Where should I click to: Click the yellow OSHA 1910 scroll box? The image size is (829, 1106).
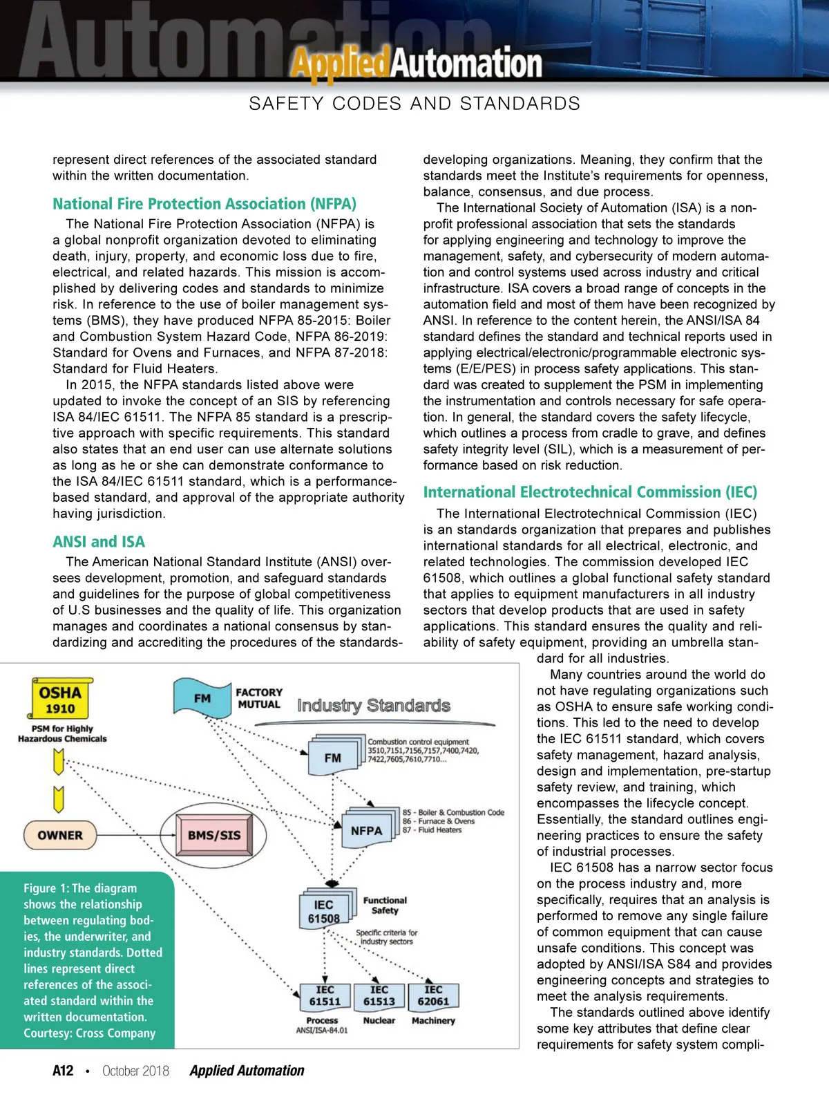tap(61, 699)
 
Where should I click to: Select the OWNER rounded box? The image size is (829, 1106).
tap(60, 835)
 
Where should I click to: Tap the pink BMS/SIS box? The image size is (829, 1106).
tap(214, 835)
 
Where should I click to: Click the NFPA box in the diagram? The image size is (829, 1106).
tap(366, 830)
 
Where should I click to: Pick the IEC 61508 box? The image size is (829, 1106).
tap(324, 911)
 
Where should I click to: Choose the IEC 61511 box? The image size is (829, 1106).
tap(325, 995)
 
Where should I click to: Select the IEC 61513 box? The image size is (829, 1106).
tap(379, 995)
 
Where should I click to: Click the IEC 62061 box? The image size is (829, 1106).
tap(433, 995)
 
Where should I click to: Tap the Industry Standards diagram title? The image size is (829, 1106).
tap(374, 705)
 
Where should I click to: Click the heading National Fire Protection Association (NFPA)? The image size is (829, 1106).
tap(204, 204)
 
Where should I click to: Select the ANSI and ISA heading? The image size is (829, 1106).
tap(99, 542)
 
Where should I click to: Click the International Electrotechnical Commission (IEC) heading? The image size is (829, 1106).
tap(590, 492)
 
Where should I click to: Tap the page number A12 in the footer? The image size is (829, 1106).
tap(63, 1071)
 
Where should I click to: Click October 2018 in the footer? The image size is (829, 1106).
tap(135, 1071)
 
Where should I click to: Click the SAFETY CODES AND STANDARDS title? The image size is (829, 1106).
tap(414, 104)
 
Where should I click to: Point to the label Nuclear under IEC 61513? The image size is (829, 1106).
tap(379, 1020)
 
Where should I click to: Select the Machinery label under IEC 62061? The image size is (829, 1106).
tap(433, 1020)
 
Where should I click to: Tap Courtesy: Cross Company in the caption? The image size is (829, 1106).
tap(89, 1033)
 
